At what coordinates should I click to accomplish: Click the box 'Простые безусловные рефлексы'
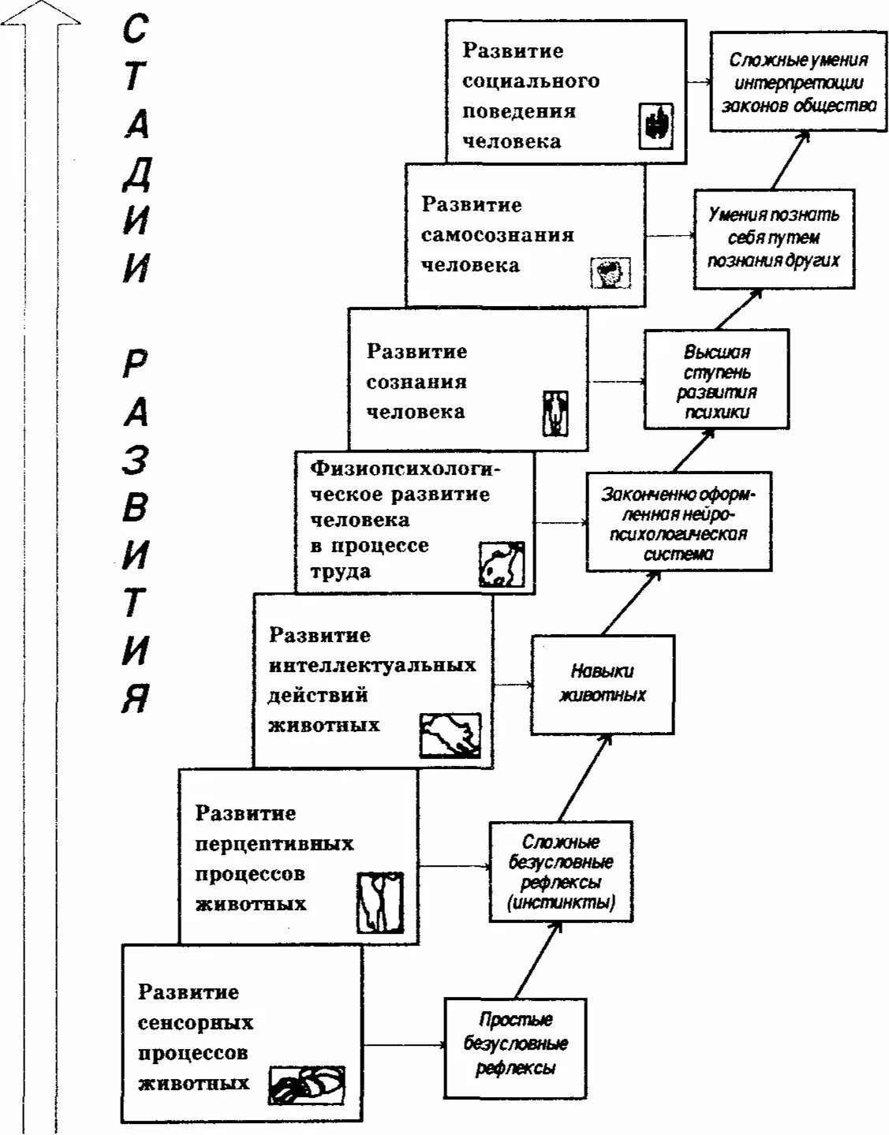[516, 1048]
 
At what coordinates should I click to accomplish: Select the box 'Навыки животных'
[602, 684]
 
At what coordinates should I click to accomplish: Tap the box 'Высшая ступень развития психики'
[716, 379]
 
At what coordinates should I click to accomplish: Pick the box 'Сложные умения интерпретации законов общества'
[797, 82]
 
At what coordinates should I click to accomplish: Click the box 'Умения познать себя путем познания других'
[774, 238]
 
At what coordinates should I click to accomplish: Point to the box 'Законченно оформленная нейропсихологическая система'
[678, 522]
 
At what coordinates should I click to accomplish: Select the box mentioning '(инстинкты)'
[560, 872]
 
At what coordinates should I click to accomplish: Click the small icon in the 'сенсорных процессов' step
[307, 1085]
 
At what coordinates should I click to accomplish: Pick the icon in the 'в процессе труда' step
[502, 565]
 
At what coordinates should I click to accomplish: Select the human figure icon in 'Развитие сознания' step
[555, 413]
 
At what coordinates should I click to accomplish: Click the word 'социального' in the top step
[531, 81]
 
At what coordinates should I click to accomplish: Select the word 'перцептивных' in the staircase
[274, 844]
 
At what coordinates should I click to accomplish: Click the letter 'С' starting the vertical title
[135, 30]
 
